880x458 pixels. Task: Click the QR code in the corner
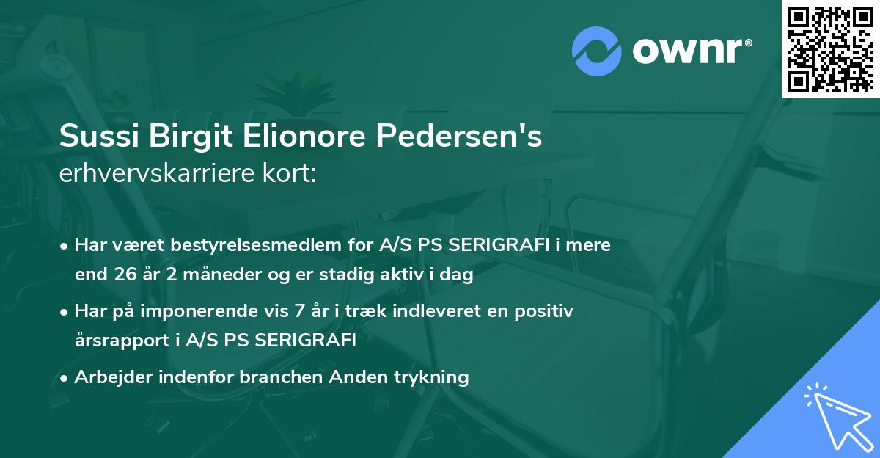[x=831, y=48]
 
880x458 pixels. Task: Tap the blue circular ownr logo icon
[x=597, y=52]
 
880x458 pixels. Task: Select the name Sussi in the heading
[x=96, y=137]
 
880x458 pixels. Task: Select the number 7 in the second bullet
[x=298, y=311]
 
